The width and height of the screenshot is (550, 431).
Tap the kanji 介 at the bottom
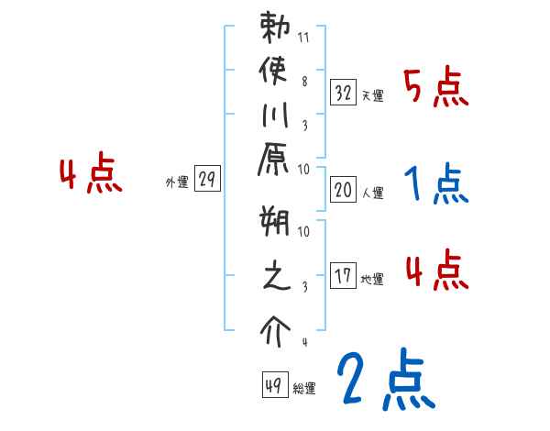pos(275,327)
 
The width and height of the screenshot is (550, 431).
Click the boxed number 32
pos(344,92)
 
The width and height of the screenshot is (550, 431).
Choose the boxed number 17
pos(344,275)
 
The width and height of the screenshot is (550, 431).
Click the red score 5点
pos(436,88)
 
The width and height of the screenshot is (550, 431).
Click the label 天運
pos(372,95)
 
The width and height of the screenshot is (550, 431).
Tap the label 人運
pos(372,193)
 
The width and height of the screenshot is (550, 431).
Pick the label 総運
pos(305,389)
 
